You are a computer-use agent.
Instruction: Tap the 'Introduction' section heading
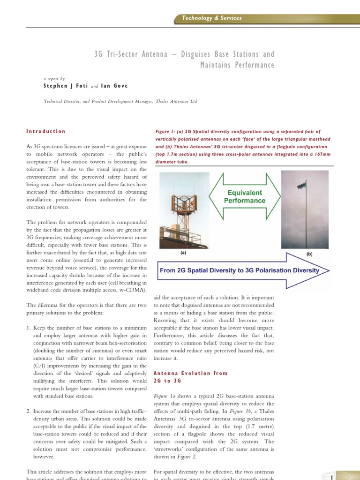pyautogui.click(x=46, y=131)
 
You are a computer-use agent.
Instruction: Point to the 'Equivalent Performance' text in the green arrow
pyautogui.click(x=244, y=196)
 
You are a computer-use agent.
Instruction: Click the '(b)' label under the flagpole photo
pyautogui.click(x=309, y=254)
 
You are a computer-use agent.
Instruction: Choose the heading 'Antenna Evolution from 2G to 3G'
pyautogui.click(x=190, y=377)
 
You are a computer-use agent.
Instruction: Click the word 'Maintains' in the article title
pyautogui.click(x=216, y=65)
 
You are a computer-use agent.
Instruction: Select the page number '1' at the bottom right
pyautogui.click(x=331, y=477)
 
